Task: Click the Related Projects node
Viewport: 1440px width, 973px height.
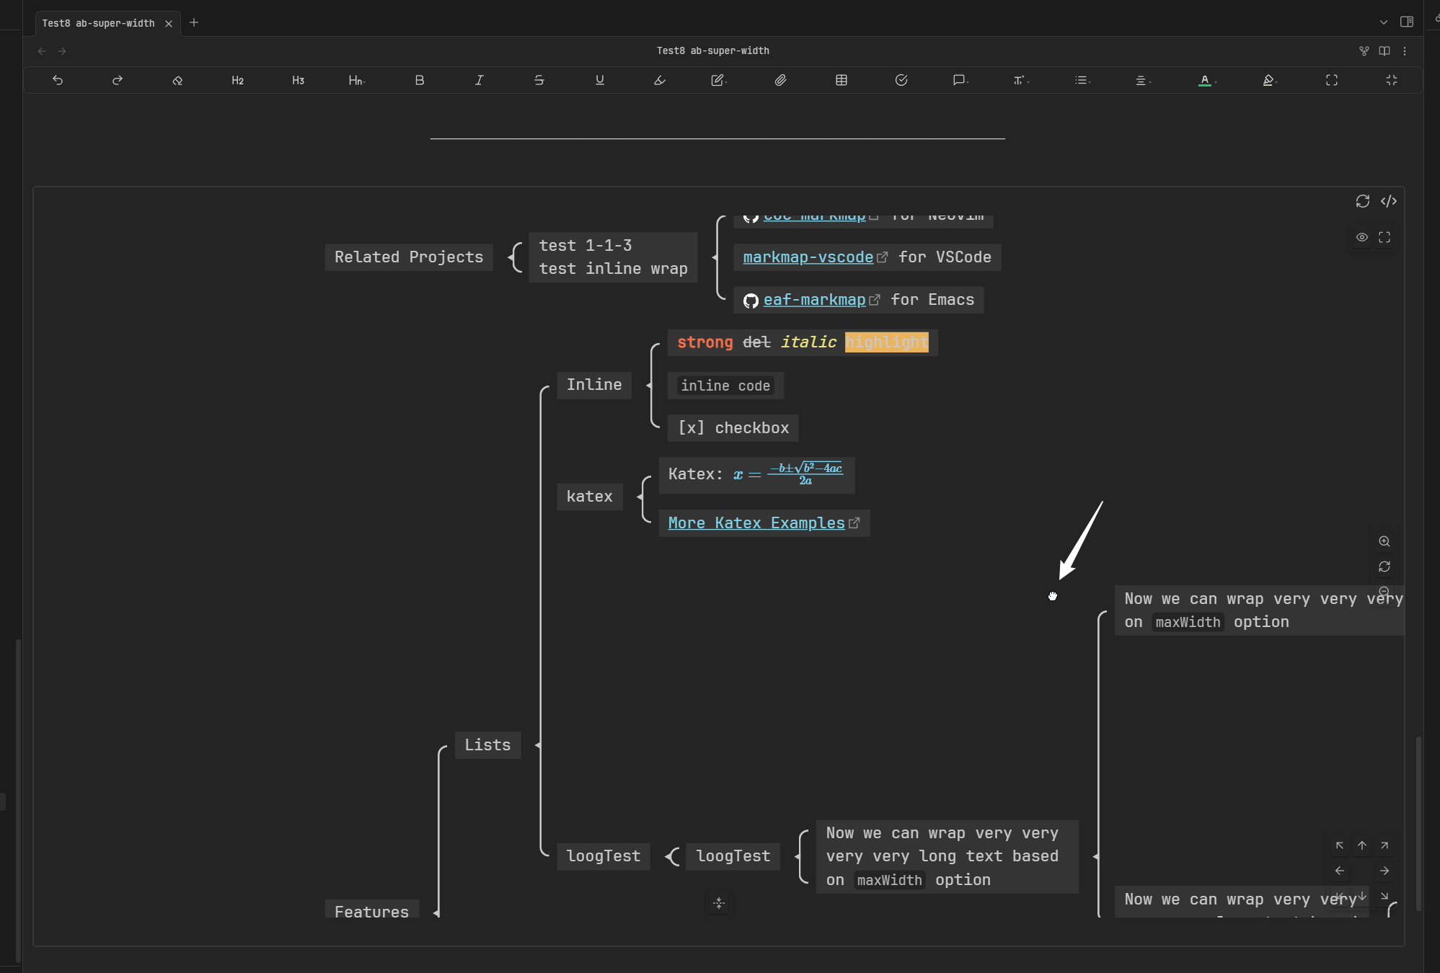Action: coord(408,257)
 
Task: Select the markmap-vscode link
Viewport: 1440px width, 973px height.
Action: coord(808,257)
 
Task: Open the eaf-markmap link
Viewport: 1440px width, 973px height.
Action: coord(814,300)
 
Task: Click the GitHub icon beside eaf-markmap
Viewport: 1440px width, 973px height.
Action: coord(751,301)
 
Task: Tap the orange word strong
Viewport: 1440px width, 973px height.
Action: coord(704,342)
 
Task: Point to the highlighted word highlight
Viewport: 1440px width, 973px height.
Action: coord(886,342)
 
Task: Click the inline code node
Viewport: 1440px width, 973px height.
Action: coord(725,386)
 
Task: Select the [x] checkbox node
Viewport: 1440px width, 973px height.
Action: coord(733,428)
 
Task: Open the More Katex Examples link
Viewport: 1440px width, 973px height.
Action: coord(756,523)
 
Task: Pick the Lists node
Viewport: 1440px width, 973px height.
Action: coord(487,745)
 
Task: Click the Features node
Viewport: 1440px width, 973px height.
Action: coord(371,911)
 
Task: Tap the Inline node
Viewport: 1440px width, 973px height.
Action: coord(593,385)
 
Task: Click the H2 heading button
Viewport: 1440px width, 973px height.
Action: coord(237,81)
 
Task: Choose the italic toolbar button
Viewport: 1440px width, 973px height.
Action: coord(479,81)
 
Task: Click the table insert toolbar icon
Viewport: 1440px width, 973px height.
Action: coord(841,81)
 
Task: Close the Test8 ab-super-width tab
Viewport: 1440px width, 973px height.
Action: coord(169,24)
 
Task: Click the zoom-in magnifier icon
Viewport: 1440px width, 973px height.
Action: coord(1384,541)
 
